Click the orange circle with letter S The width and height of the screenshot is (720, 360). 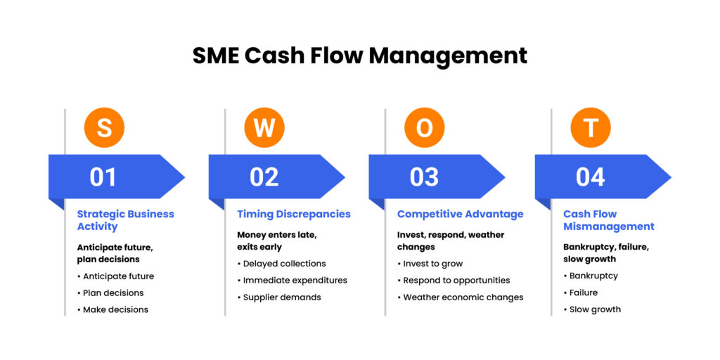pyautogui.click(x=104, y=128)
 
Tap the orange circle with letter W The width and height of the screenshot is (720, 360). pyautogui.click(x=264, y=128)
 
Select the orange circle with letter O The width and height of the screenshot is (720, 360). pyautogui.click(x=425, y=128)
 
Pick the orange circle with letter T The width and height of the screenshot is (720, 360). pyautogui.click(x=591, y=128)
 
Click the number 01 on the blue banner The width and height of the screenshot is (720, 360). pyautogui.click(x=103, y=176)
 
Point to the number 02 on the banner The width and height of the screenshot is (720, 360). pyautogui.click(x=264, y=176)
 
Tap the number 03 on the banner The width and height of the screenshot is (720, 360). pyautogui.click(x=425, y=176)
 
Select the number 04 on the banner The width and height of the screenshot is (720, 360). pyautogui.click(x=591, y=176)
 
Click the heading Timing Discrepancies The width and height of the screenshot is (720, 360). pyautogui.click(x=294, y=214)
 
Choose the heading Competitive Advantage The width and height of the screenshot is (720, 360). pyautogui.click(x=460, y=214)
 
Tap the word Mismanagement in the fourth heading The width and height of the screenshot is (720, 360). pyautogui.click(x=609, y=226)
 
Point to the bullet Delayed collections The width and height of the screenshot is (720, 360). pyautogui.click(x=284, y=264)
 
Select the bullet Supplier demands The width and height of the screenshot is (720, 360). pyautogui.click(x=282, y=297)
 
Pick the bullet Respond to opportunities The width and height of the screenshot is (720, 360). pyautogui.click(x=456, y=281)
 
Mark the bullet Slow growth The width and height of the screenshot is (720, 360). pyautogui.click(x=595, y=309)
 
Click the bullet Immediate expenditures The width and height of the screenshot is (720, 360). pyautogui.click(x=295, y=281)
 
